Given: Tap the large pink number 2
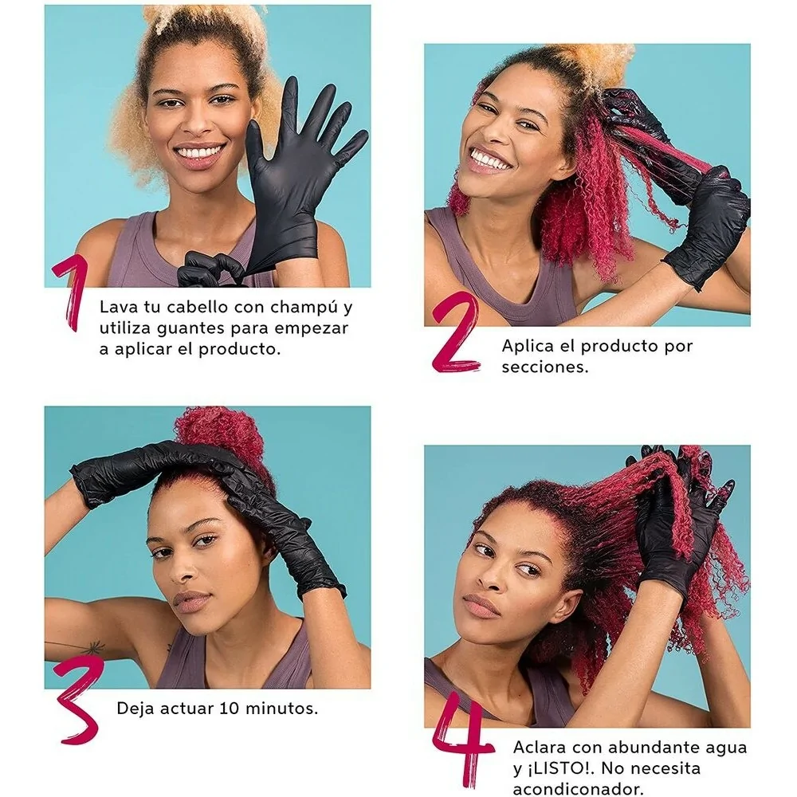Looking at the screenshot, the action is click(456, 333).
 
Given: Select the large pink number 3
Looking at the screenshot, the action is click(78, 701).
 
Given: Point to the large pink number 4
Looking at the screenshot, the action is click(462, 743).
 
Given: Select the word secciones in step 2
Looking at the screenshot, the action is click(545, 367).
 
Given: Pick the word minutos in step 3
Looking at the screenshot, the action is click(281, 708).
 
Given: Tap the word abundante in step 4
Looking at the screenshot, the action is click(654, 748).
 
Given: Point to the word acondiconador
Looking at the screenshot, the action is click(578, 789).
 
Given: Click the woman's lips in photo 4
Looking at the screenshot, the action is click(481, 607).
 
